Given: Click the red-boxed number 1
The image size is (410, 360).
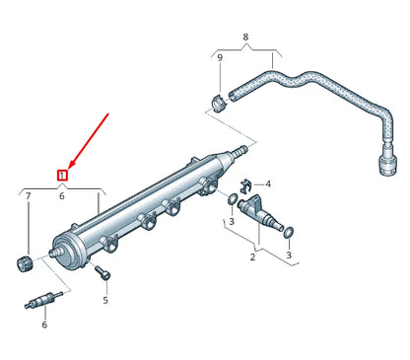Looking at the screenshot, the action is [x=62, y=176].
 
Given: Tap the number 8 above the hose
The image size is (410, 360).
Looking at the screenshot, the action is [x=245, y=37].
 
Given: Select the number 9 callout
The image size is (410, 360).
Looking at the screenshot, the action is [x=219, y=58].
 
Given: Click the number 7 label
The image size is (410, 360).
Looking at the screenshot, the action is [x=28, y=197].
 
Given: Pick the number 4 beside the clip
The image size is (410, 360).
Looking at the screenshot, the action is [x=267, y=184].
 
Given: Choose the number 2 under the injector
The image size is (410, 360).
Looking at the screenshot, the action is [x=252, y=257].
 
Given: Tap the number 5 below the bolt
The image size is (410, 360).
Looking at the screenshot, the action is [x=105, y=300].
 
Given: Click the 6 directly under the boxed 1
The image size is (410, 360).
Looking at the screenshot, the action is [x=62, y=196].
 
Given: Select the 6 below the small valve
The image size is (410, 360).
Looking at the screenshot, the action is [x=43, y=324].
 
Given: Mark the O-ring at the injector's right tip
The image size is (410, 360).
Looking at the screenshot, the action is [x=289, y=232].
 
